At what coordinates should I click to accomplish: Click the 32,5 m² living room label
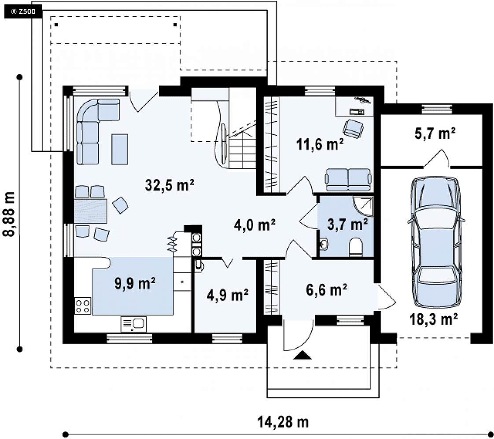[169, 185]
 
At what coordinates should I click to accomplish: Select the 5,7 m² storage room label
[435, 133]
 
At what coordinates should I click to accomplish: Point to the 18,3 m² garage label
[434, 319]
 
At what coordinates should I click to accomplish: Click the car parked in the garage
[436, 242]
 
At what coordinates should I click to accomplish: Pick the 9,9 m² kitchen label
[135, 284]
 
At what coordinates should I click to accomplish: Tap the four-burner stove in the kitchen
[82, 306]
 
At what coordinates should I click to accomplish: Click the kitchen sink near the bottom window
[133, 325]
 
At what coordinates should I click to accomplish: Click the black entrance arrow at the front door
[302, 355]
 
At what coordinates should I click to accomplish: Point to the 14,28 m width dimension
[283, 422]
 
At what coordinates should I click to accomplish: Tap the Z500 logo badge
[23, 12]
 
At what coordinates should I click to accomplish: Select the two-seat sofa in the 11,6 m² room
[348, 179]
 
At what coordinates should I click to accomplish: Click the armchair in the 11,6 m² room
[353, 128]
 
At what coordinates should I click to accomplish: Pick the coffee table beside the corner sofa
[120, 149]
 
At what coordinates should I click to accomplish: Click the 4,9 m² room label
[227, 295]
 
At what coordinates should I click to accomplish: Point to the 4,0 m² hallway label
[254, 225]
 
